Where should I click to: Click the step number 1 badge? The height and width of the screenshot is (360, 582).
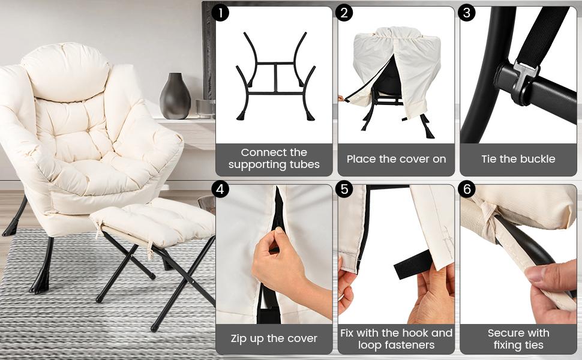(x=221, y=13)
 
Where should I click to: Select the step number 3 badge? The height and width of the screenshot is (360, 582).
(x=467, y=13)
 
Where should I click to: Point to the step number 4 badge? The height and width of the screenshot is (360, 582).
(x=221, y=190)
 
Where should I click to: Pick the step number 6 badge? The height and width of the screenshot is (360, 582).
(x=467, y=190)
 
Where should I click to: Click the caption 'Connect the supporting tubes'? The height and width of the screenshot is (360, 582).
(x=274, y=159)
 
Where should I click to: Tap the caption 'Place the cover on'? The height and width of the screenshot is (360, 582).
(x=396, y=159)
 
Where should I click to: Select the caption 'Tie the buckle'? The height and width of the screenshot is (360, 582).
(x=518, y=159)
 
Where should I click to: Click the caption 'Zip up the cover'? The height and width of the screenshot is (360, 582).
(x=274, y=338)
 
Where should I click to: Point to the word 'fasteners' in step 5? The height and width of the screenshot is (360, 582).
(x=396, y=345)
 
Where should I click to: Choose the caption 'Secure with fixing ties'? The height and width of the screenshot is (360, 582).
(x=518, y=339)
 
